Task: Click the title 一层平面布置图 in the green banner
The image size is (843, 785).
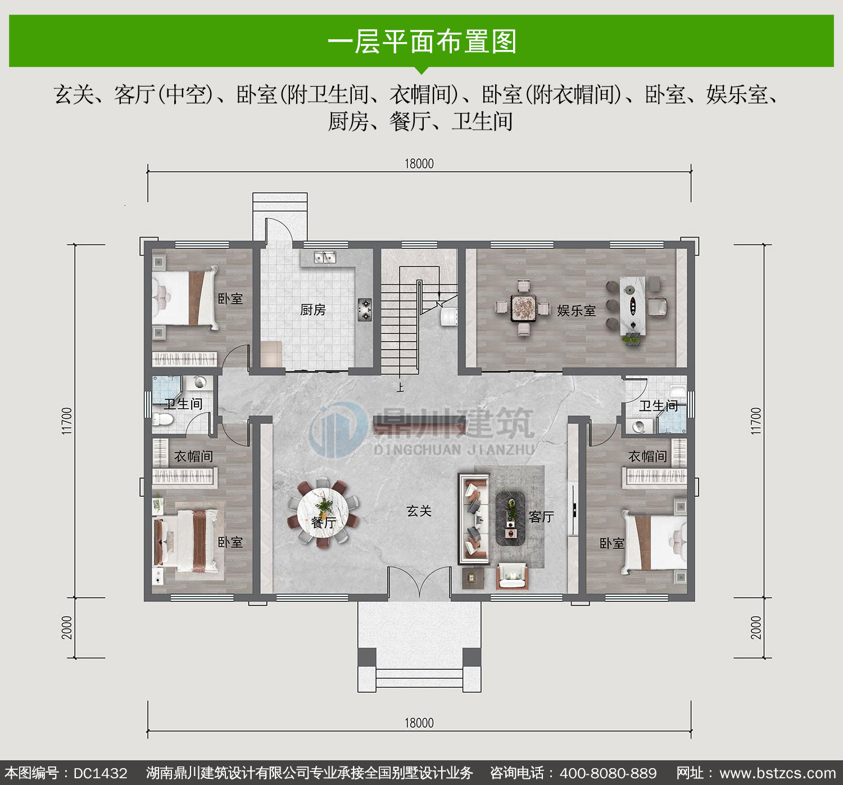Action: (x=422, y=42)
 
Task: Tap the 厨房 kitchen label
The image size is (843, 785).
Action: (x=313, y=310)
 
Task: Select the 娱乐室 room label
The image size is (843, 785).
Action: (x=576, y=311)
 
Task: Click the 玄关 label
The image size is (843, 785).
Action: (x=419, y=511)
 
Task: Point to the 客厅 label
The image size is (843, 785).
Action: (x=541, y=516)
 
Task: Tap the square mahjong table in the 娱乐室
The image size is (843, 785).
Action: (x=524, y=307)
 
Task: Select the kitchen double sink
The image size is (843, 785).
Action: (x=325, y=257)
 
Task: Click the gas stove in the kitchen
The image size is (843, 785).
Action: (x=365, y=310)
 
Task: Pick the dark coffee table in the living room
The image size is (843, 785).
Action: (x=511, y=519)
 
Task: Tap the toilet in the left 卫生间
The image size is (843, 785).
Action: (x=162, y=420)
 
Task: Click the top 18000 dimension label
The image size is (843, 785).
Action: (x=419, y=164)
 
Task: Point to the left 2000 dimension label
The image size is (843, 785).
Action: (x=67, y=628)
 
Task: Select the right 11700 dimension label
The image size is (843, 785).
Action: (x=756, y=421)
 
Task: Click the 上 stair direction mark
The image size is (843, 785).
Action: (x=400, y=387)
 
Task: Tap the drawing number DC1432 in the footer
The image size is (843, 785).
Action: (x=100, y=773)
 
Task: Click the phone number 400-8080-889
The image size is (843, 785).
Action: (x=608, y=773)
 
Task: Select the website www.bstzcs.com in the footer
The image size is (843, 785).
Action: (x=778, y=773)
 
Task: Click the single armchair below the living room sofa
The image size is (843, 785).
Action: (x=512, y=576)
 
